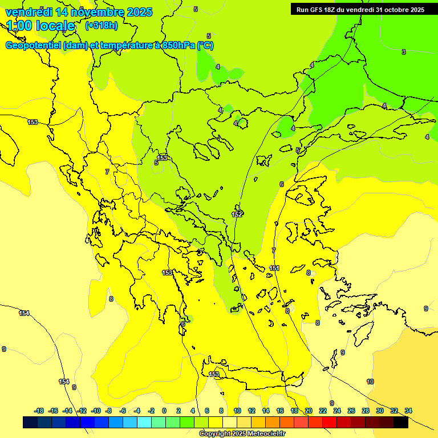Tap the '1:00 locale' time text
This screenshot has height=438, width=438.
[x=41, y=26]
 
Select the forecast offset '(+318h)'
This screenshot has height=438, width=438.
[x=102, y=26]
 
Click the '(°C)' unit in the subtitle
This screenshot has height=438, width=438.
[x=205, y=46]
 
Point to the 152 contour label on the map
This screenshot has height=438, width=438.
[x=237, y=214]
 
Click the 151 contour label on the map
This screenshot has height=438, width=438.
[x=274, y=268]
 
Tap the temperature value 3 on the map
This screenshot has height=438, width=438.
[x=404, y=52]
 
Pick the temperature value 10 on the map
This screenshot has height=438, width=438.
[x=370, y=382]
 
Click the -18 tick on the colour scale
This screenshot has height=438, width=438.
[x=39, y=411]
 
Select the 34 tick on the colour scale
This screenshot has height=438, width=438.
[x=408, y=411]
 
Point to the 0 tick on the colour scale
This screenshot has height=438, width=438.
[x=164, y=411]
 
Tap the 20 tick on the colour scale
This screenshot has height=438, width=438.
[x=309, y=411]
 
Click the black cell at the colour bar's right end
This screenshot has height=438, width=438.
[x=401, y=422]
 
